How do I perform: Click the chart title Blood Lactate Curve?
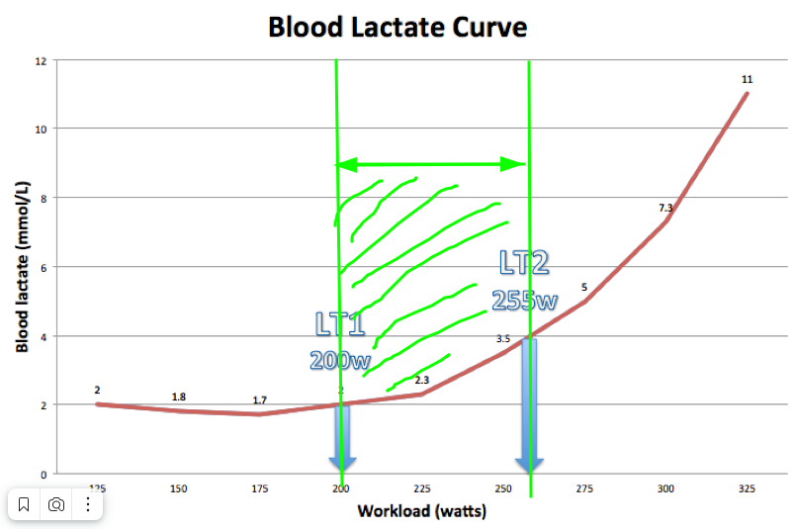(x=398, y=27)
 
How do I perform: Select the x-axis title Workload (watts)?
(x=421, y=511)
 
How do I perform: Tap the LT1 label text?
(x=340, y=324)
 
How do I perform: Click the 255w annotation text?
(x=524, y=300)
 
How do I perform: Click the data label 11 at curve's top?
(x=747, y=79)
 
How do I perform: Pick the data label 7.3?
(x=665, y=208)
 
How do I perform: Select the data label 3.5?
(x=502, y=339)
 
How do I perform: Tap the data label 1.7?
(x=259, y=400)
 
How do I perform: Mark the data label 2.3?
(x=421, y=381)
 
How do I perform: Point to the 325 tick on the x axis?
(x=747, y=488)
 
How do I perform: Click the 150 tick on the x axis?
(x=178, y=488)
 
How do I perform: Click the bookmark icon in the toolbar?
(x=25, y=504)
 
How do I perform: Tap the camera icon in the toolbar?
(x=56, y=504)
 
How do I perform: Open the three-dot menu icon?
(x=88, y=504)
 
